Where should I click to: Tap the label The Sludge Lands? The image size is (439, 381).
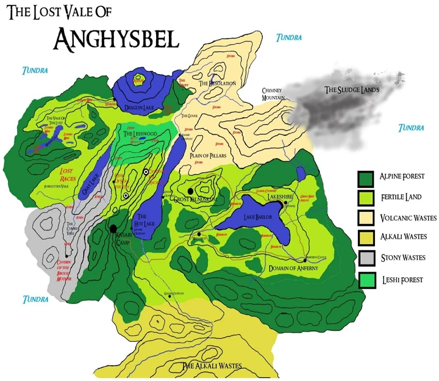351,90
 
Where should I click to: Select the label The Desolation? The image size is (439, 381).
217,83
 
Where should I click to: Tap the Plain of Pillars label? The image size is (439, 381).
208,156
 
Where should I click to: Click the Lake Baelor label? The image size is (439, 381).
259,217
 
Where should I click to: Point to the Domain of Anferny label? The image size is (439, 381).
294,268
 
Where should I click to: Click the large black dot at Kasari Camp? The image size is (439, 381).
113,229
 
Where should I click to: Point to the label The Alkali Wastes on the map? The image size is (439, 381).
212,366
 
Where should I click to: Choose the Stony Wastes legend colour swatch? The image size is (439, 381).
365,258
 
